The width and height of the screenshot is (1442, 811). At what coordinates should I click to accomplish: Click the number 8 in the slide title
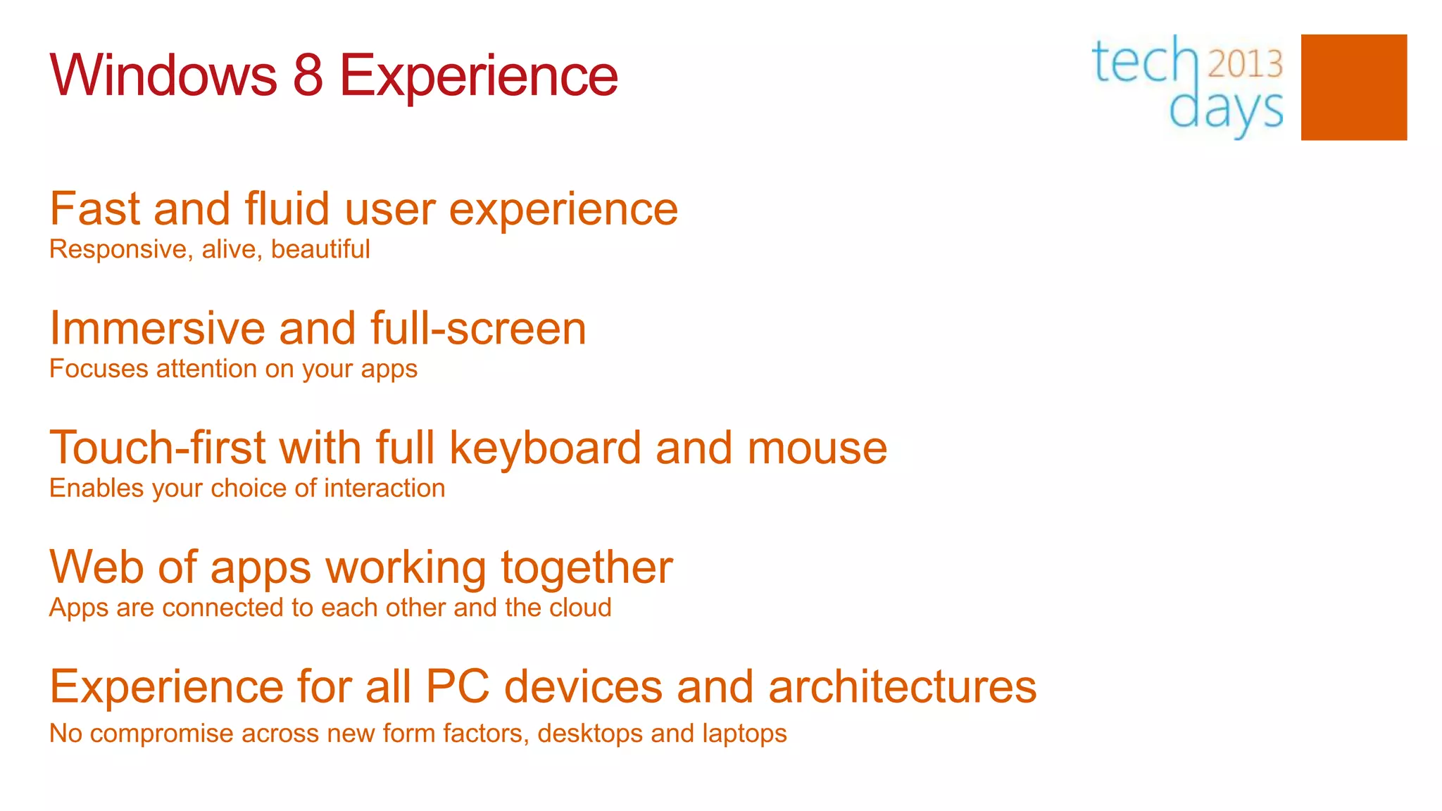point(308,75)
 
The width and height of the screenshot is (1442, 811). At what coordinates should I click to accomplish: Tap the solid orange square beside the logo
point(1353,87)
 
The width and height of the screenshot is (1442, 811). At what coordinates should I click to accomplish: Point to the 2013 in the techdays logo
point(1245,64)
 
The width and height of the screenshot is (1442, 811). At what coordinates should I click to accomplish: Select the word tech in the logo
point(1144,62)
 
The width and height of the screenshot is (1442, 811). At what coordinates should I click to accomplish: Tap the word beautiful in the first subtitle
point(320,249)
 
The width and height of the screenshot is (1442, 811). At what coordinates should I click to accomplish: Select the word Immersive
point(158,329)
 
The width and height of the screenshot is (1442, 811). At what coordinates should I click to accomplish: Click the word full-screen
point(478,329)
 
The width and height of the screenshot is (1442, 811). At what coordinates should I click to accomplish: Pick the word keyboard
point(545,448)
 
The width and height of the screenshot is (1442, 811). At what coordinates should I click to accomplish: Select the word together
point(587,567)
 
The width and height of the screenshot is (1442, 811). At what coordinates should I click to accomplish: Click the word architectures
point(902,687)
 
